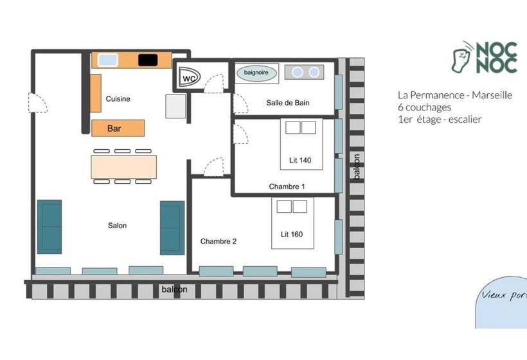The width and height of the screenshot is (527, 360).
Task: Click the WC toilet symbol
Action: (189, 77)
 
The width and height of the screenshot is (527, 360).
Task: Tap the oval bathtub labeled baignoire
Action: (256, 73)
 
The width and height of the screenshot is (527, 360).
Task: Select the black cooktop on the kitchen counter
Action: (148, 60)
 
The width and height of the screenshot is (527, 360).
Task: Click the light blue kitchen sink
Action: (108, 60)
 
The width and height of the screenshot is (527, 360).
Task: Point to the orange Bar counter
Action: (118, 128)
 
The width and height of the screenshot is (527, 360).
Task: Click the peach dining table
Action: (123, 166)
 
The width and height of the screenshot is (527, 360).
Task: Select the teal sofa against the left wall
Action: (49, 227)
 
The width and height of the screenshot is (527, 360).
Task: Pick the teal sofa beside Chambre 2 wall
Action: (172, 228)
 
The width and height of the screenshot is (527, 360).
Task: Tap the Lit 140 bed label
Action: (300, 160)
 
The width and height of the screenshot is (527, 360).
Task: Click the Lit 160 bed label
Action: (292, 234)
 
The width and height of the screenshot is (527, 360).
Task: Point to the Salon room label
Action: (118, 226)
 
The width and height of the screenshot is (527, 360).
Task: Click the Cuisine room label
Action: (118, 99)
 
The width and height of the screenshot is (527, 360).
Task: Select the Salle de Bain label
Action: (288, 103)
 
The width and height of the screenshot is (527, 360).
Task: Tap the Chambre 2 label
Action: (219, 241)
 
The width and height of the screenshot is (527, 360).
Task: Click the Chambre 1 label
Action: (287, 186)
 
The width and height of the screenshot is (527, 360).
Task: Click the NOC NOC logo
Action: (485, 57)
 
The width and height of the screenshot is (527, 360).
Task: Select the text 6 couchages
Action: (424, 107)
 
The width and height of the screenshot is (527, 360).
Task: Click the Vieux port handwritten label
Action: (504, 295)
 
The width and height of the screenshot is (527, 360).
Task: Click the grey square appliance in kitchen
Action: (176, 106)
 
